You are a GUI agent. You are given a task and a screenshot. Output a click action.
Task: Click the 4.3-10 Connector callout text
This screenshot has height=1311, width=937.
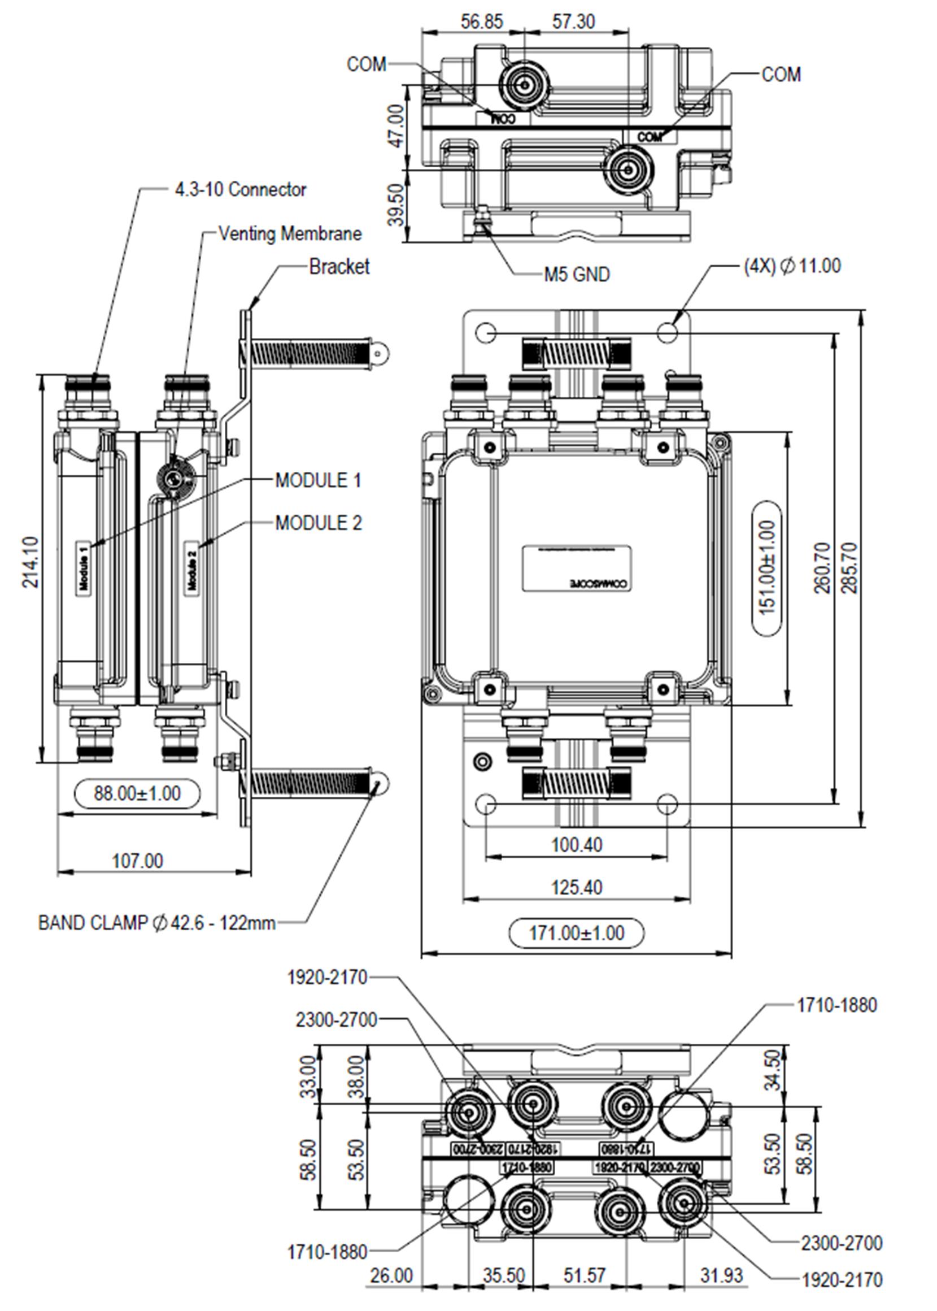[240, 189]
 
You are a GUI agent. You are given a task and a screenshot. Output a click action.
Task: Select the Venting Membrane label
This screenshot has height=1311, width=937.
[290, 234]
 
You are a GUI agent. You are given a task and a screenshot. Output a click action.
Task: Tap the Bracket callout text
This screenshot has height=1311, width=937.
[339, 267]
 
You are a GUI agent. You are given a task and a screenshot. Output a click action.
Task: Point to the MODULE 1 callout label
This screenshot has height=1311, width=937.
[318, 480]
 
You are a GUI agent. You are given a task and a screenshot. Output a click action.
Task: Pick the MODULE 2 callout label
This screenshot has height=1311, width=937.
[318, 523]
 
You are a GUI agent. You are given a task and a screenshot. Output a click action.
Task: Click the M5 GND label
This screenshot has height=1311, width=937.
[577, 275]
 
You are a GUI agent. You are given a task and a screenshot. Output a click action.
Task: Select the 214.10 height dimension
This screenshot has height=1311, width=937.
[30, 562]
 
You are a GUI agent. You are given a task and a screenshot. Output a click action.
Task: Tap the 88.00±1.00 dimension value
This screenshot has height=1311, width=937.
[137, 793]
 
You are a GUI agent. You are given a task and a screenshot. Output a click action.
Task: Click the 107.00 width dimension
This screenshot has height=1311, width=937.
[137, 861]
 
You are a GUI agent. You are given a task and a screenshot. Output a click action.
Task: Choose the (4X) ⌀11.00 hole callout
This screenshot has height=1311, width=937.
[792, 266]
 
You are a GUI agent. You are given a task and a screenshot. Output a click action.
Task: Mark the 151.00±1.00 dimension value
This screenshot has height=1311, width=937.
[768, 568]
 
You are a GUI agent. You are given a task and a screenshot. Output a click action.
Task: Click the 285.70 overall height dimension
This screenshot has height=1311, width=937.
[849, 568]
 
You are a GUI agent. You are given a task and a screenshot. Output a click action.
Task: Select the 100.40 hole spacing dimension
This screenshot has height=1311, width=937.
[577, 845]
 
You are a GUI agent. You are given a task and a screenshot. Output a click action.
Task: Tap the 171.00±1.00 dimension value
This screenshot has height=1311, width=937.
[577, 933]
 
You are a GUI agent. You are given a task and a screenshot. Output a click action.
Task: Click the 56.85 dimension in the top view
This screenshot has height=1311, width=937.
[482, 22]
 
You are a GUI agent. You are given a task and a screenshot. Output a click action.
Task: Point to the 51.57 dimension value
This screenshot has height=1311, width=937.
[584, 1275]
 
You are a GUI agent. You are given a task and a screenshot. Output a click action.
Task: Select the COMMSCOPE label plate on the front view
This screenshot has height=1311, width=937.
[577, 568]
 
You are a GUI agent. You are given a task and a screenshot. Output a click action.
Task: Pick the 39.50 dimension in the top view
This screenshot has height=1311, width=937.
[396, 206]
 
